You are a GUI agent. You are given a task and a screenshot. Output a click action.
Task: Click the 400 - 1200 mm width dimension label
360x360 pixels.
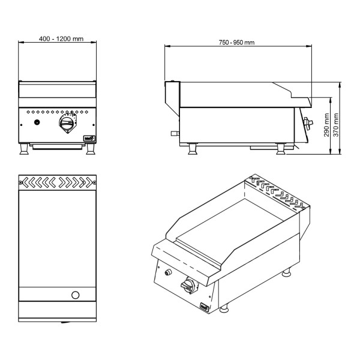61,38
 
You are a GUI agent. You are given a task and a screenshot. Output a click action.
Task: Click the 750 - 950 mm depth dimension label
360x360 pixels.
236,43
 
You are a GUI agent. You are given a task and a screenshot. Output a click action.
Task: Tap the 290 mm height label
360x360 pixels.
326,125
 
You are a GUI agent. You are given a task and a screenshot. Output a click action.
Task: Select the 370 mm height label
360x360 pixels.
336,125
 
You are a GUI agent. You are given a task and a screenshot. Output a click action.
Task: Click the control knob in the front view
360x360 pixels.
67,123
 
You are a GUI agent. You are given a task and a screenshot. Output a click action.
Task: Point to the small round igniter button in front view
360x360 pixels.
37,122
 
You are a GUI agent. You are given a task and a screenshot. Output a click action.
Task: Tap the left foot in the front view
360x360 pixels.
24,149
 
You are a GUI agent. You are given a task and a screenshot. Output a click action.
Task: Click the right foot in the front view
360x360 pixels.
91,149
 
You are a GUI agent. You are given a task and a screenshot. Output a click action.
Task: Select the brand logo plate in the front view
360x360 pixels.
89,138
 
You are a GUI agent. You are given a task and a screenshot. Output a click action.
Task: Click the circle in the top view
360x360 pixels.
76,295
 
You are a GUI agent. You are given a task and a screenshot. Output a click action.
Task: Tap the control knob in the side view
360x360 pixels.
308,123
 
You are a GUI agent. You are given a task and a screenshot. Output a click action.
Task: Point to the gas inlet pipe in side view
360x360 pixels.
175,133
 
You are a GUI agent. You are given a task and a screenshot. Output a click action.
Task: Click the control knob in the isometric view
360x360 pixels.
187,286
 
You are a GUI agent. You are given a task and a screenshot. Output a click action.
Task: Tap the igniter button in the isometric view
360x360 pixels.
168,272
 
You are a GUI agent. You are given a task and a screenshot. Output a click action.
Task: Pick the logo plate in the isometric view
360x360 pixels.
204,307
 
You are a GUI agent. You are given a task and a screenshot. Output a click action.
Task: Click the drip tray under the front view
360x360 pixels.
57,146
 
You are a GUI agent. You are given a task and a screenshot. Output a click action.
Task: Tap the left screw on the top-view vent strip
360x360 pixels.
20,183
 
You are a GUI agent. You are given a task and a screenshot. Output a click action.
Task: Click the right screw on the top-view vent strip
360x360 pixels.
94,183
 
